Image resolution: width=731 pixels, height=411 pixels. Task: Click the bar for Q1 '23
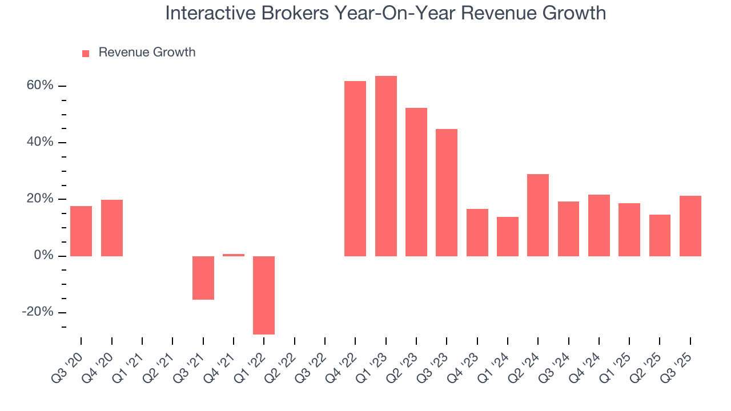386,166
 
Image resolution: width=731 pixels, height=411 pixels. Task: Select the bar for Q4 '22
355,168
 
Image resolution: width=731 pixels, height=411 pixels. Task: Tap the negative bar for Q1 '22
264,295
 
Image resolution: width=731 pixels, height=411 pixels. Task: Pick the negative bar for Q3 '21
203,277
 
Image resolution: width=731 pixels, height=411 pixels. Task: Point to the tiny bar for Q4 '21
234,255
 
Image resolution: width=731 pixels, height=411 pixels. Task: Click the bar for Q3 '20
81,231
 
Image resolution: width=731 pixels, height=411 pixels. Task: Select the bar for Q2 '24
538,215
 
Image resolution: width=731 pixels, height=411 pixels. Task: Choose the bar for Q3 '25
690,226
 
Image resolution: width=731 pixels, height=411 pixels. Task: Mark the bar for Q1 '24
508,236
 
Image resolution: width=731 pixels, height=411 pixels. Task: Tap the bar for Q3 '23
447,192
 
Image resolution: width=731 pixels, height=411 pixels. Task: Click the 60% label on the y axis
39,86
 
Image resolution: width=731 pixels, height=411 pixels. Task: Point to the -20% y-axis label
38,312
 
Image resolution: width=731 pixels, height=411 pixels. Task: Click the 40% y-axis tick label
39,142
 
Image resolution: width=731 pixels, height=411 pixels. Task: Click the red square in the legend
86,54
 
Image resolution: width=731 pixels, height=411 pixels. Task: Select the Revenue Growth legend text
147,53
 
